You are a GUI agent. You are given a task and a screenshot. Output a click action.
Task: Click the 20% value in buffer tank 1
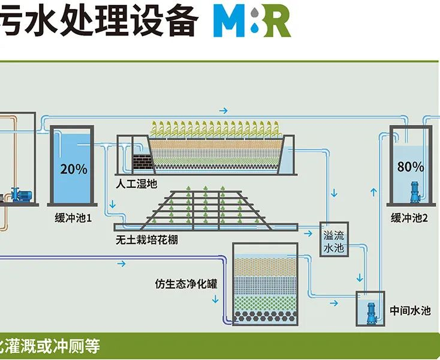click(73, 169)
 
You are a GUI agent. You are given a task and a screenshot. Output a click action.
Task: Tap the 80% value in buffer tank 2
click(410, 167)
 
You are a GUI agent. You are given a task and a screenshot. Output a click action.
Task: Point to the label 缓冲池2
click(409, 218)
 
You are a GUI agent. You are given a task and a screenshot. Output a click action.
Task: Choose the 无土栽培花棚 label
click(147, 241)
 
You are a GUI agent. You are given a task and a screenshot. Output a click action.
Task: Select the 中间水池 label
click(410, 310)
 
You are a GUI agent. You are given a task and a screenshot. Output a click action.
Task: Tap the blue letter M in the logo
click(230, 22)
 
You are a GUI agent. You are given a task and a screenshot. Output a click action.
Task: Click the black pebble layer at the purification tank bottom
click(266, 315)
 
